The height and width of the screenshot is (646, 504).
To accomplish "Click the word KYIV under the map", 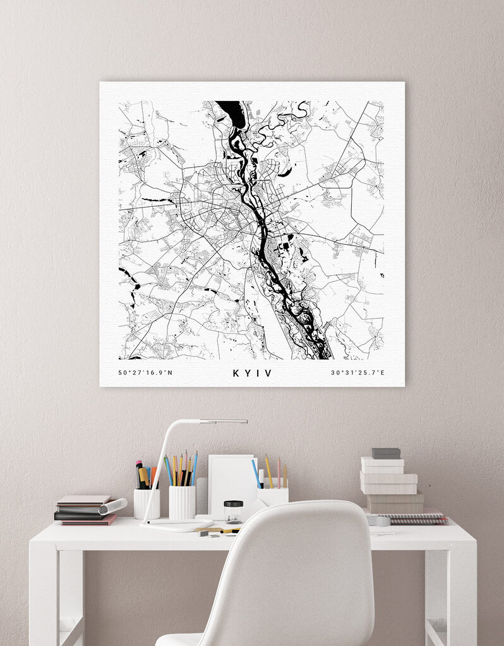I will [x=252, y=373].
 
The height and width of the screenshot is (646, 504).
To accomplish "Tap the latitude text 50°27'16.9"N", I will [x=145, y=373].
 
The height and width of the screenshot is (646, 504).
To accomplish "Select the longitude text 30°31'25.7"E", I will [x=358, y=373].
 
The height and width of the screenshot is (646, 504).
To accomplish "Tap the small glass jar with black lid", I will [x=233, y=511].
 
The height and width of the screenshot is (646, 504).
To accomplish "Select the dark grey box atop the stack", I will [x=385, y=453].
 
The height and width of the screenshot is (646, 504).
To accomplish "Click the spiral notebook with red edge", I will [x=417, y=519].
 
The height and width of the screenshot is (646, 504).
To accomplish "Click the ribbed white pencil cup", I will [x=183, y=502].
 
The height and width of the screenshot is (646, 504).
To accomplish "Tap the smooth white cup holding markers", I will [x=147, y=503].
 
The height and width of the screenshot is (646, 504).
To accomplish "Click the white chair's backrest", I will [x=297, y=568].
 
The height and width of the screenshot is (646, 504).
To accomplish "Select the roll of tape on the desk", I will [x=378, y=520].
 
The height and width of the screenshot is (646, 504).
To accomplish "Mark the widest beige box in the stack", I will [x=395, y=502].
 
